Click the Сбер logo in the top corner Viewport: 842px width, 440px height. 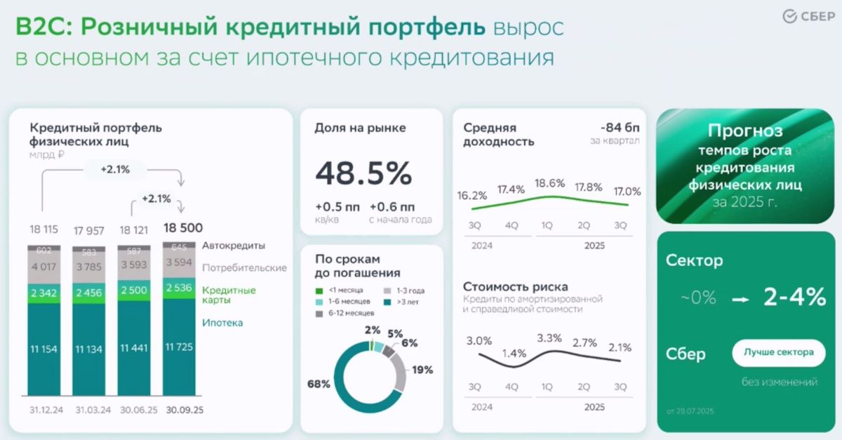click(808, 17)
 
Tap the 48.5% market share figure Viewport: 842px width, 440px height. click(363, 173)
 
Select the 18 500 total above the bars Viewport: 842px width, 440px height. click(182, 227)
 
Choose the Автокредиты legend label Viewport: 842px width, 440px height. click(234, 246)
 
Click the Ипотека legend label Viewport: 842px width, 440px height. click(222, 323)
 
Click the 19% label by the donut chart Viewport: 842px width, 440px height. click(422, 370)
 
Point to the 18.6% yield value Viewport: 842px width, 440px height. click(549, 183)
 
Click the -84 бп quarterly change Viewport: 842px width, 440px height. click(620, 128)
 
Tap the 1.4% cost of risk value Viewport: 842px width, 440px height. click(514, 353)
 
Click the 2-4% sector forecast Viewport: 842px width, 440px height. click(794, 297)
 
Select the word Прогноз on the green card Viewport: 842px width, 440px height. click(745, 131)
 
